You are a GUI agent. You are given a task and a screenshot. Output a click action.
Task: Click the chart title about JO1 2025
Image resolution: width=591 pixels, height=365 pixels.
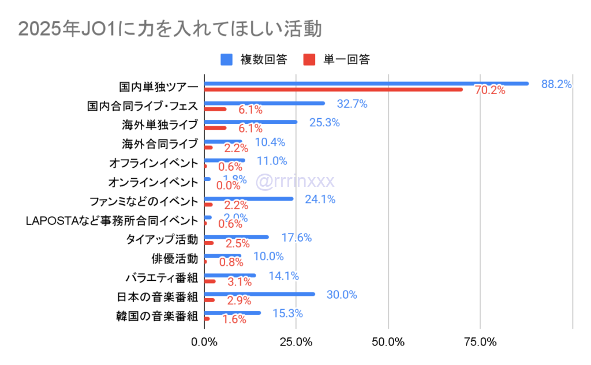click(170, 28)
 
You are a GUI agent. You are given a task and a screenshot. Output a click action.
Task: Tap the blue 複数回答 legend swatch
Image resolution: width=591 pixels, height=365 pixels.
click(227, 59)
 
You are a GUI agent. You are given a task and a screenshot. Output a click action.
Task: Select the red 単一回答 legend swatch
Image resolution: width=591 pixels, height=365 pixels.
click(309, 59)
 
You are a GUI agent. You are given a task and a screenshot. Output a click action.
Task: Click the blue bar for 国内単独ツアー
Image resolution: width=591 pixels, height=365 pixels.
click(366, 84)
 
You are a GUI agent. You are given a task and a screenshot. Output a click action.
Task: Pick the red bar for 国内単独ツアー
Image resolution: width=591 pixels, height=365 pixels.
click(334, 89)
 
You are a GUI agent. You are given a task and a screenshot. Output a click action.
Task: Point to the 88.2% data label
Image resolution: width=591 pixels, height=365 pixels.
click(556, 84)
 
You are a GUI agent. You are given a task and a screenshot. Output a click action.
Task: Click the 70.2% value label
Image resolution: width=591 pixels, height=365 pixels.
click(490, 91)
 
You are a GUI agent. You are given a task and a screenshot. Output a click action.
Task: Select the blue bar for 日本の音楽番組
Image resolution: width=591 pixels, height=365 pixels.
click(260, 294)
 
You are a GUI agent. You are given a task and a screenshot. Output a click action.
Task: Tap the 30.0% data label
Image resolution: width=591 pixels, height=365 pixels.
click(342, 295)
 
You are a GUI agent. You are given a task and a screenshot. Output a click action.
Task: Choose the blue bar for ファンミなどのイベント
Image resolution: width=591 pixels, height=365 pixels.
click(249, 199)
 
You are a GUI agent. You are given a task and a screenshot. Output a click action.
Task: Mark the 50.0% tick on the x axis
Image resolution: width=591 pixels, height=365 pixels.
click(388, 341)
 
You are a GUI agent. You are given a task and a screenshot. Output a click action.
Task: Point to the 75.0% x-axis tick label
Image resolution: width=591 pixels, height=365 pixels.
click(480, 341)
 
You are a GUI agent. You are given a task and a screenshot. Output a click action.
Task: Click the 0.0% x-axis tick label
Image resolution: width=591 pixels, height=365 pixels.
click(204, 341)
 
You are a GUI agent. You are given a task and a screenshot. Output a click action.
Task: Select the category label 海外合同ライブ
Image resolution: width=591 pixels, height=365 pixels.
click(160, 144)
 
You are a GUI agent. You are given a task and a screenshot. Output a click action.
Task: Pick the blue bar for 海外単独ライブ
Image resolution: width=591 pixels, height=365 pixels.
click(251, 122)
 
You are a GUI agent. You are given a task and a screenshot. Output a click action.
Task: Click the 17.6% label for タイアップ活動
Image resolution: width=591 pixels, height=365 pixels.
click(297, 238)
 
